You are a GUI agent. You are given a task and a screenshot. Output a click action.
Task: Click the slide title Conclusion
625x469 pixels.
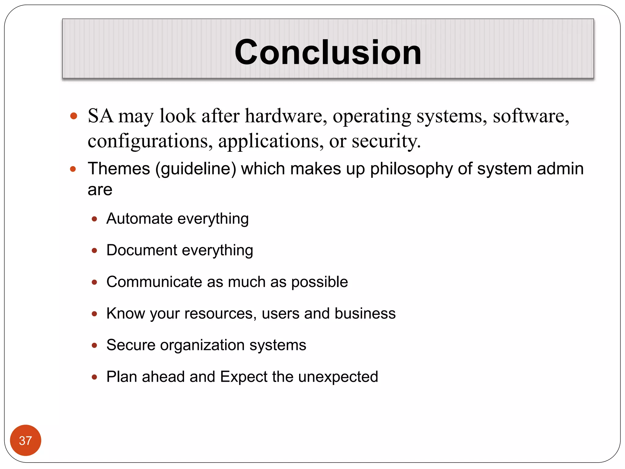328,53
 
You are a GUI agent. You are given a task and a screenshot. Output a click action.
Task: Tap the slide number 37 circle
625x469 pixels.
26,440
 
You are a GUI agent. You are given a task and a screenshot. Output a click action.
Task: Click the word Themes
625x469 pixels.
119,169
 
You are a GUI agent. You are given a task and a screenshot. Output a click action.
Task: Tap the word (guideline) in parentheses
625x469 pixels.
196,169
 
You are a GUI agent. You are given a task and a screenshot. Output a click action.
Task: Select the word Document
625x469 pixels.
142,250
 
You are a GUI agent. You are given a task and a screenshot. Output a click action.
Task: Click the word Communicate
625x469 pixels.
154,282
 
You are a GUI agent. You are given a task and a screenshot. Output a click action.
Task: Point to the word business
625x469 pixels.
365,313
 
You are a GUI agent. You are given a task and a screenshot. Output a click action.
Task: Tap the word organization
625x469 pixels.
202,345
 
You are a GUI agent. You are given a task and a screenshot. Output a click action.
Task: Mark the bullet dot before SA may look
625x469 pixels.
74,116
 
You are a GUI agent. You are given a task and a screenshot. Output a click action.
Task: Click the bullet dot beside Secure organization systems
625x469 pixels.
94,345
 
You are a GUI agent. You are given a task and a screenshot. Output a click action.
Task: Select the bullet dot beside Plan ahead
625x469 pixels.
94,377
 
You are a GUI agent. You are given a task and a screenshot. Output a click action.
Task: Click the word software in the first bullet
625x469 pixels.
531,116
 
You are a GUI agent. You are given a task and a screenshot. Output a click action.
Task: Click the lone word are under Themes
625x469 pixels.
100,190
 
